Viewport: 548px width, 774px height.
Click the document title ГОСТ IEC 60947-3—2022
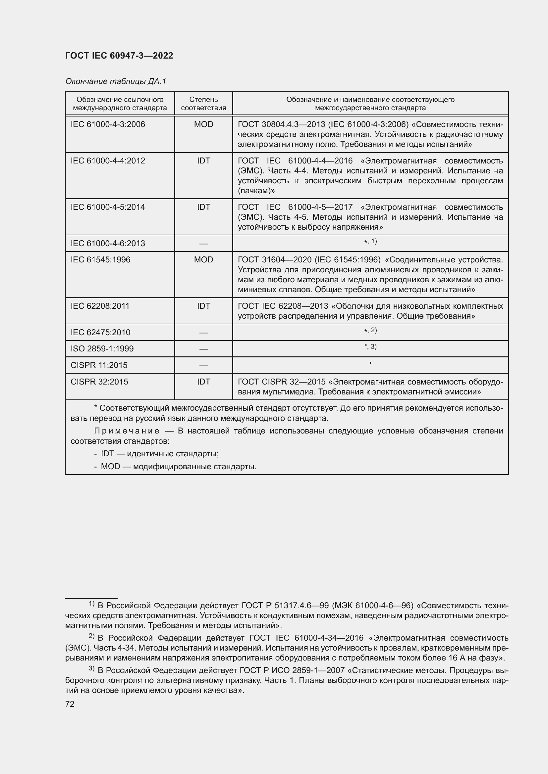point(119,56)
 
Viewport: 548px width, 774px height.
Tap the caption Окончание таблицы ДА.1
point(116,81)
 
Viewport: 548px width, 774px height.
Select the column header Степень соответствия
point(203,104)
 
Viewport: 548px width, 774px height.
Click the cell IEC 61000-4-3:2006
point(108,124)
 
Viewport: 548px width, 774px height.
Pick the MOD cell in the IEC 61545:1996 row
point(203,259)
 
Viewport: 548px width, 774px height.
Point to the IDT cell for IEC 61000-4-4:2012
point(203,161)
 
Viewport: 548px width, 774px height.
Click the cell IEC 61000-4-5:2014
point(108,207)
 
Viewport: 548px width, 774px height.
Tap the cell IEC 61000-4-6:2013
point(108,244)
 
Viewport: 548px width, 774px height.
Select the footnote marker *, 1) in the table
point(370,241)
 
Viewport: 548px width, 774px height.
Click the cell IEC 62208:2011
point(100,306)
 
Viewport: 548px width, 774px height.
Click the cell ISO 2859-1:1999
point(102,348)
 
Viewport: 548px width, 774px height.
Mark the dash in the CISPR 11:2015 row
point(203,365)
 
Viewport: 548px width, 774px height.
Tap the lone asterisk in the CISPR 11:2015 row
point(370,364)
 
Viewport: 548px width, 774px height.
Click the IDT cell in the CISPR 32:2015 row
point(203,382)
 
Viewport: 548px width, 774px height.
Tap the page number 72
point(70,704)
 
